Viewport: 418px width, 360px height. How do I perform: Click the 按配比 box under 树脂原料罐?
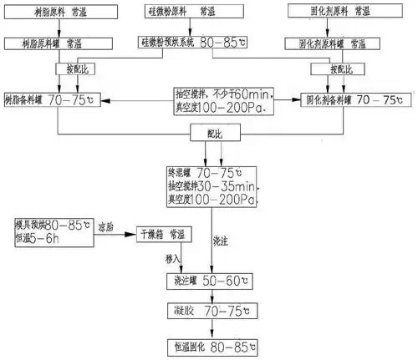pos(70,67)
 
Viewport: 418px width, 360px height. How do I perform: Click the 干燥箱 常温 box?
pos(171,235)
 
